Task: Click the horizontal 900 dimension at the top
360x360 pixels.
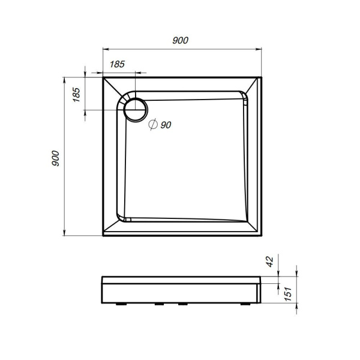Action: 180,40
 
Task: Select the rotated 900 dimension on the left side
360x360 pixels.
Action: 55,157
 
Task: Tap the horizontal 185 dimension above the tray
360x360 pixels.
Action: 118,64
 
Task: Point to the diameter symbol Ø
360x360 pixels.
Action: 152,125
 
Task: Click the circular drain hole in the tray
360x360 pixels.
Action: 135,110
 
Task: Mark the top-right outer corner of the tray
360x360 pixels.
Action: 263,76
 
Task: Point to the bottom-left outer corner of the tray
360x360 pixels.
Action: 103,235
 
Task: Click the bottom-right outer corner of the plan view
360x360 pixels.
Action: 263,235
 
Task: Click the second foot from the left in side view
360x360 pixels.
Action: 160,304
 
